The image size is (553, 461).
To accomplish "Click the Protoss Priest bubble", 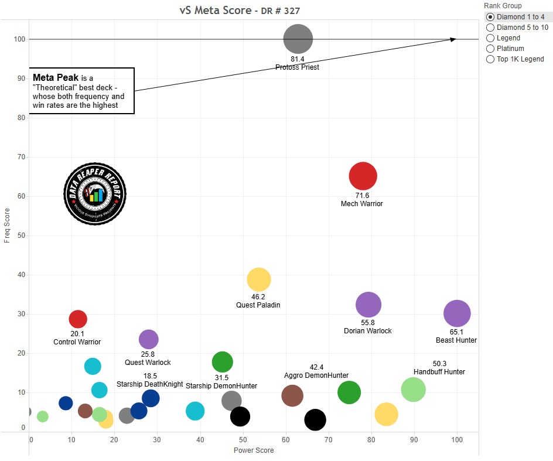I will coord(298,39).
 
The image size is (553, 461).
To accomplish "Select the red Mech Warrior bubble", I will coord(363,176).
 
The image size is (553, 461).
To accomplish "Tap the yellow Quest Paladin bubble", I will coord(259,280).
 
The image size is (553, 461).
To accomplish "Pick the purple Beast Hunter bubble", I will coord(457,313).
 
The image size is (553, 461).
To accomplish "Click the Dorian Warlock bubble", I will coord(368,305).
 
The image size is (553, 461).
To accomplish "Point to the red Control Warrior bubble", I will coord(78,319).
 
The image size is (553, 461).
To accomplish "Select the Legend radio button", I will coord(490,38).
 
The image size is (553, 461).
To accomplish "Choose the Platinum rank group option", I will coord(490,49).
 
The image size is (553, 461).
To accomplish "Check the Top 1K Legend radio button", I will coord(490,59).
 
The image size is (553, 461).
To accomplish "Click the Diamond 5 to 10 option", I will coord(490,28).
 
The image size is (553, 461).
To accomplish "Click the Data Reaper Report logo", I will coord(94,193).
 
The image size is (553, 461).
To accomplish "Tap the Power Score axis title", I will coord(254,450).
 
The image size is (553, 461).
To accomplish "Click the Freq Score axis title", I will coord(7,225).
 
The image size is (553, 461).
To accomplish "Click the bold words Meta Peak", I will coord(56,77).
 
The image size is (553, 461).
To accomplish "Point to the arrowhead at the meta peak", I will coord(453,39).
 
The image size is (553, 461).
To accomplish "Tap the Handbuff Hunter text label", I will coord(439,372).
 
